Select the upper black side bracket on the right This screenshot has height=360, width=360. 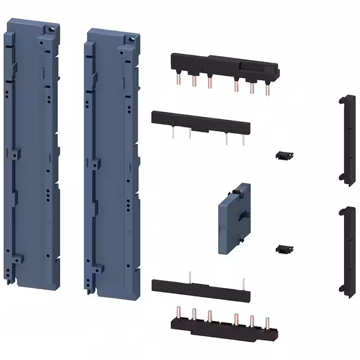point(343,138)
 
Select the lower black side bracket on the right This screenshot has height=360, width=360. point(343,249)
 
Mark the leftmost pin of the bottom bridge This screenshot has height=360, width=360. point(182,312)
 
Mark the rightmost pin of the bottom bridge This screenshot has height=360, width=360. point(268,323)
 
